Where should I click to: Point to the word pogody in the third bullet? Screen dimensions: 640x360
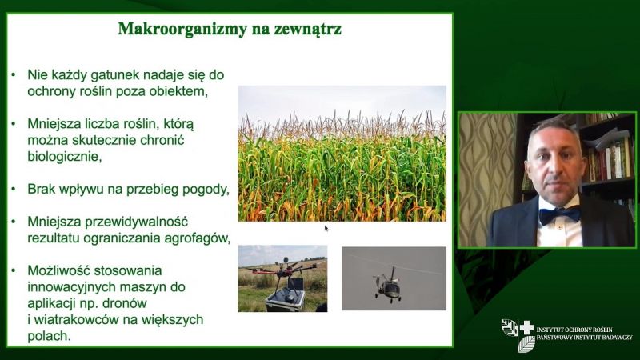(x=204, y=190)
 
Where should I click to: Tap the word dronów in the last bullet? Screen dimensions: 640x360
(x=126, y=303)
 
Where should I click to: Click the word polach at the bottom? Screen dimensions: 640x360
(x=47, y=336)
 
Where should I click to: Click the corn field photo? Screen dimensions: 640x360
(x=342, y=154)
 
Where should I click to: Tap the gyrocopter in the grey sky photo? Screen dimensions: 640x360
(x=388, y=284)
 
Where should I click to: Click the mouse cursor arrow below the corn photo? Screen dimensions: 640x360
(x=326, y=228)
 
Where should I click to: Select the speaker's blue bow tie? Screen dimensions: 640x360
(x=559, y=214)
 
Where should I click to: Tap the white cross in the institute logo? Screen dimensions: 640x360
(x=526, y=328)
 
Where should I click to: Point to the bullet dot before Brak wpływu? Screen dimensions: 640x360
(x=14, y=190)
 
